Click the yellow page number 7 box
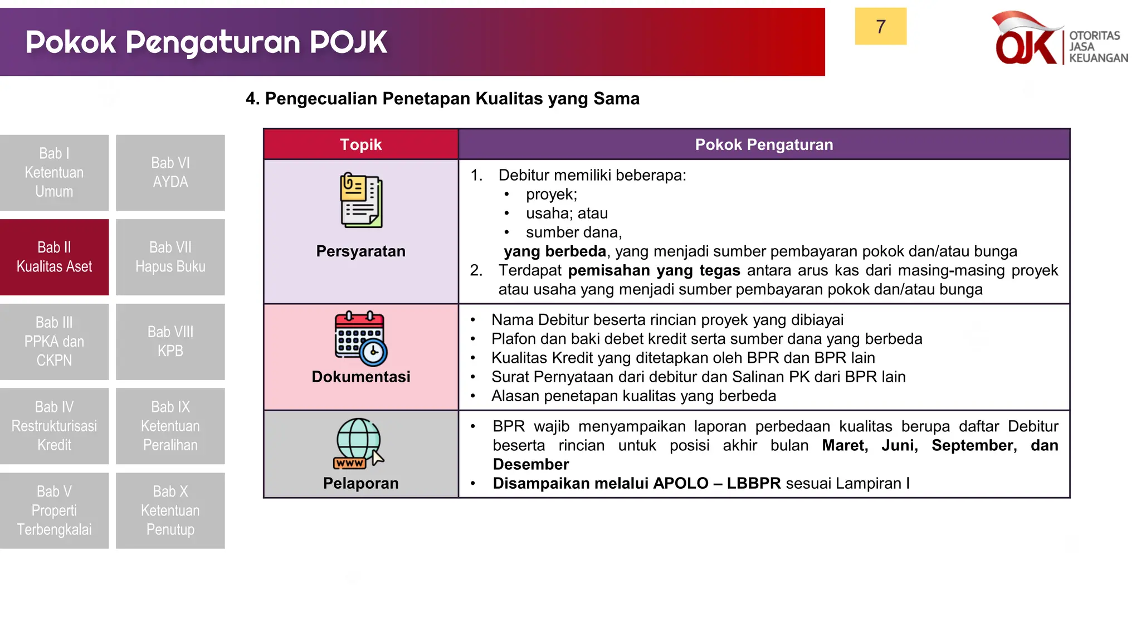point(880,26)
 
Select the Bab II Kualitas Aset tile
point(54,257)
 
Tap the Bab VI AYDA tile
point(170,172)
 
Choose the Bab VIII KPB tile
point(170,341)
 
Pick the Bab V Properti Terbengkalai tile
point(54,510)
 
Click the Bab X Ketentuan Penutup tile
point(170,510)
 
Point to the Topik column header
point(360,144)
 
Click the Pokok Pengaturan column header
point(763,144)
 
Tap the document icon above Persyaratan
point(361,200)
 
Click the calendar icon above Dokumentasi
point(360,338)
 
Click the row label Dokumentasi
point(360,377)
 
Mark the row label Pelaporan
point(360,483)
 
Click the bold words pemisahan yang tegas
point(654,270)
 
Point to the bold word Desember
point(530,464)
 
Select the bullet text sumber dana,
point(573,232)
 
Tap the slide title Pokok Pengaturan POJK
point(206,42)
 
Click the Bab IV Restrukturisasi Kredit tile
point(54,426)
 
